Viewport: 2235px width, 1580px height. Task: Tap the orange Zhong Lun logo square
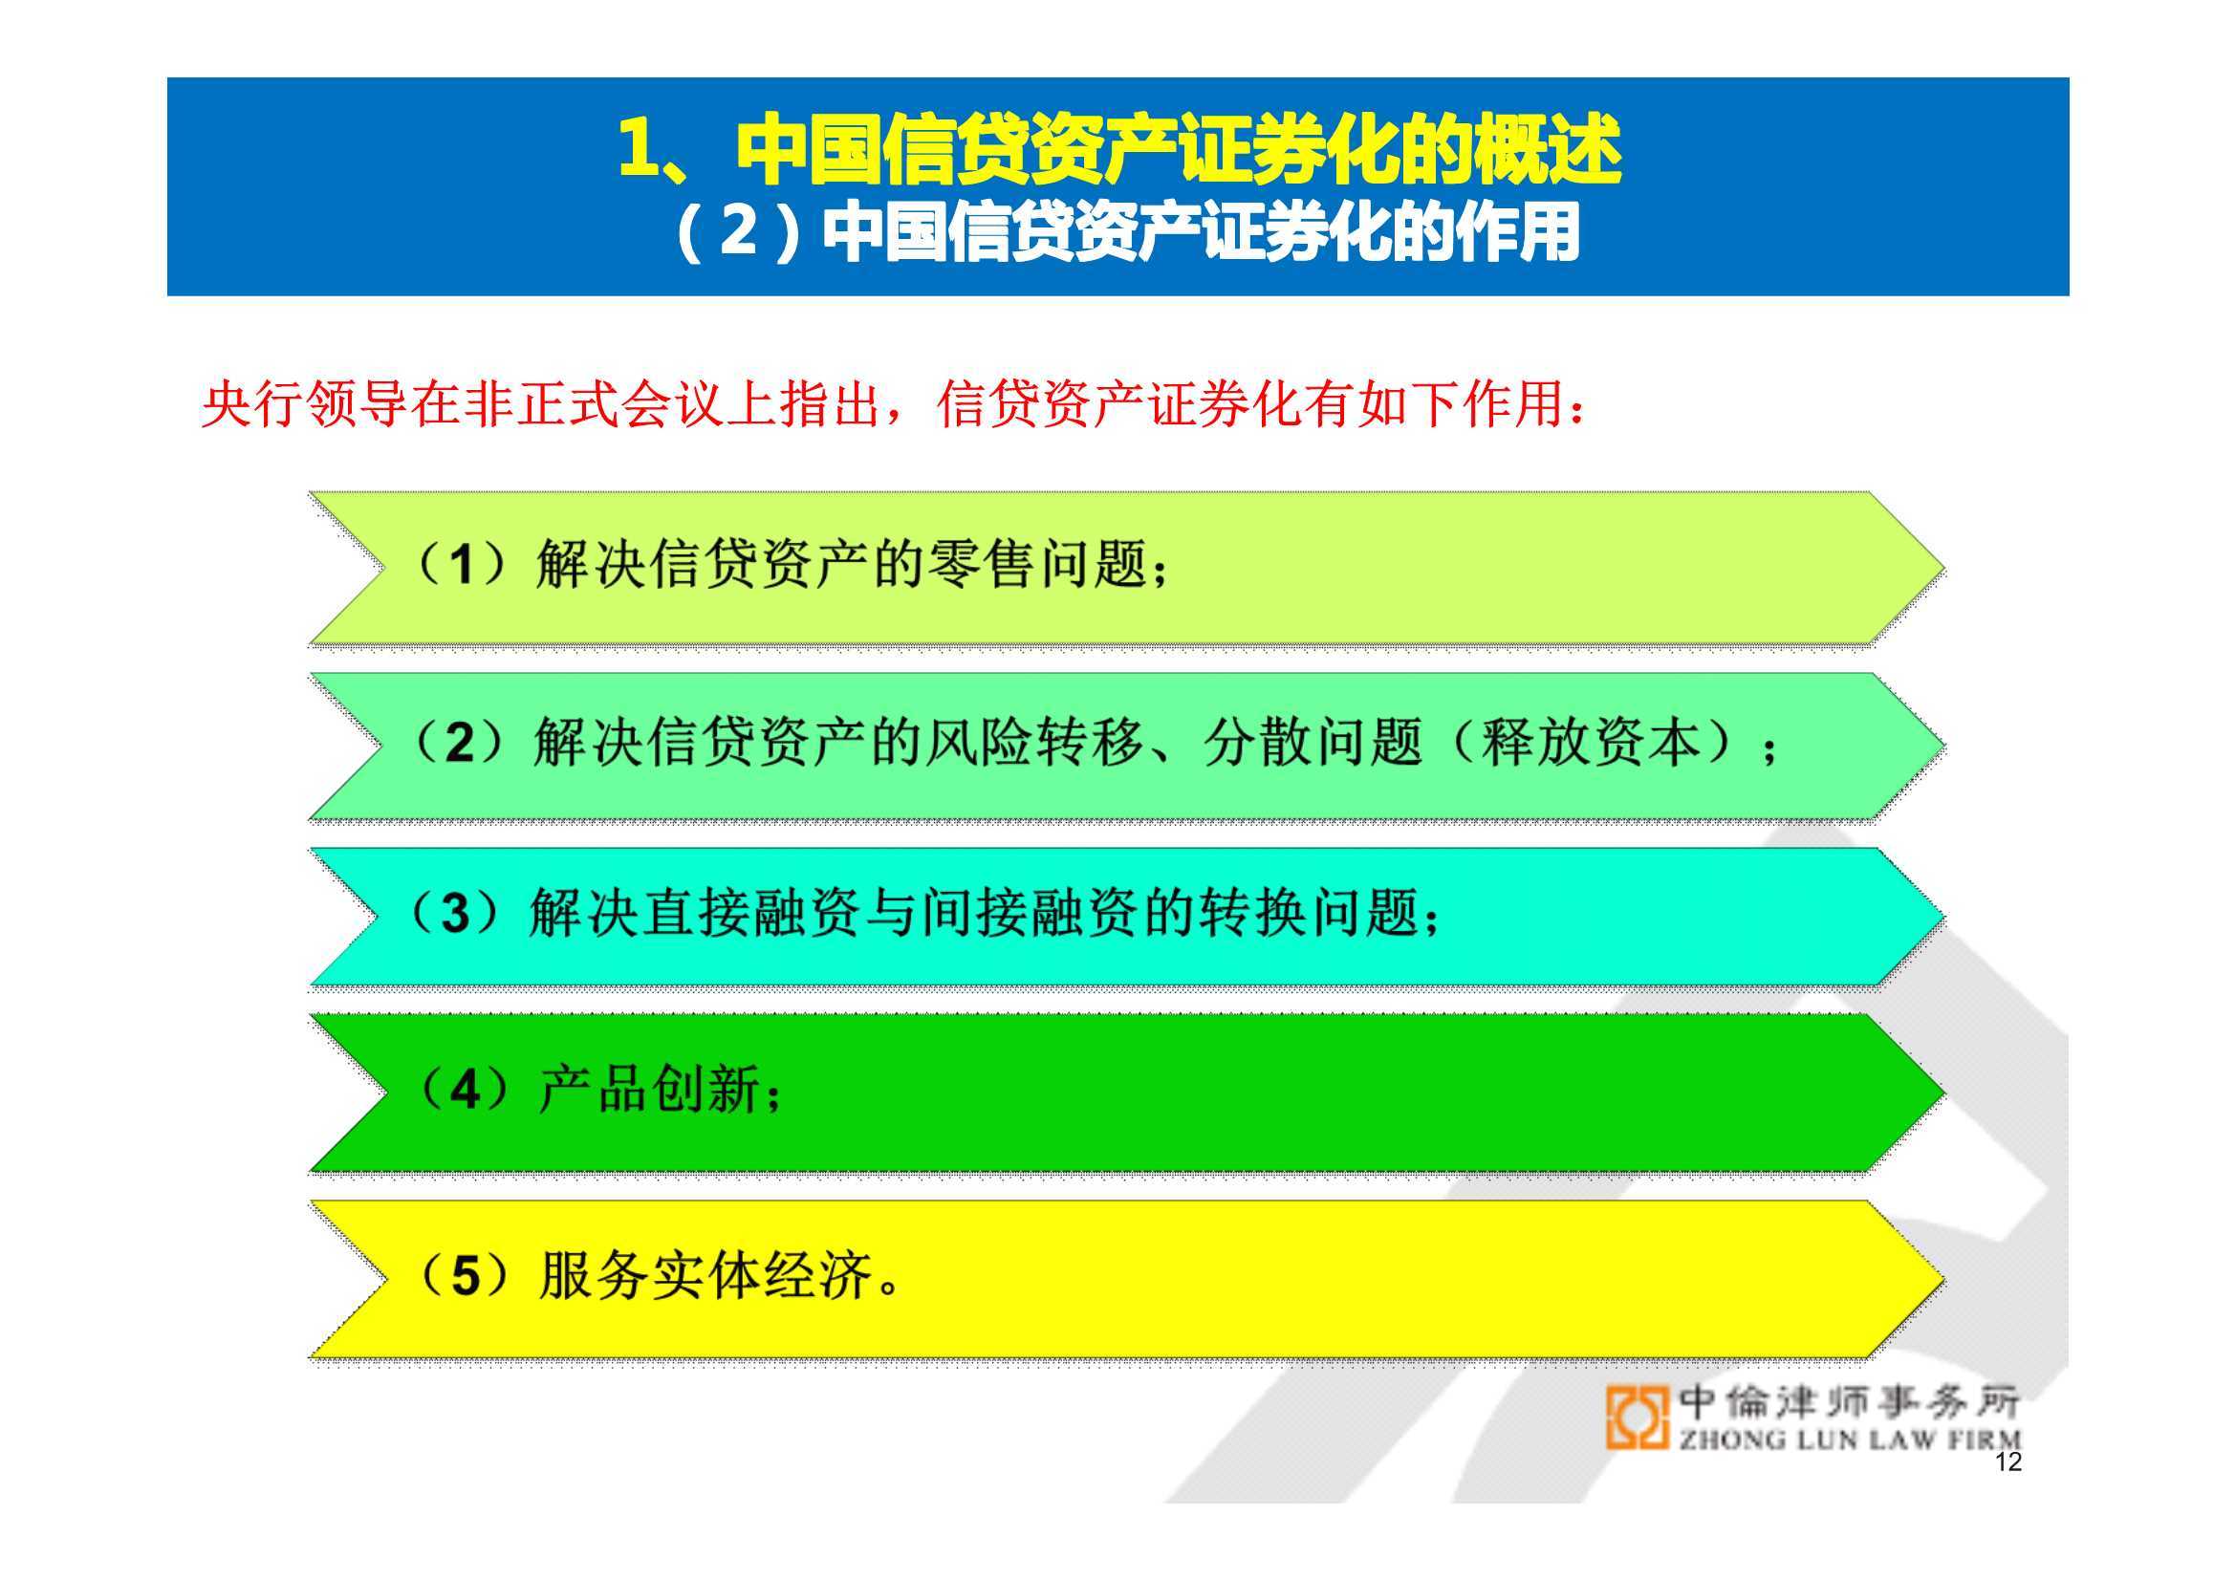pyautogui.click(x=1638, y=1418)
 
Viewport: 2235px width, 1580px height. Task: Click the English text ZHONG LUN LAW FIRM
pyautogui.click(x=1850, y=1439)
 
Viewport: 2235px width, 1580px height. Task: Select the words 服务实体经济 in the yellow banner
pyautogui.click(x=705, y=1274)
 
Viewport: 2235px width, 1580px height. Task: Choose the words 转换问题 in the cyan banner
pyautogui.click(x=1310, y=913)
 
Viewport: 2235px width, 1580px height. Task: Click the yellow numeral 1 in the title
pyautogui.click(x=640, y=149)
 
